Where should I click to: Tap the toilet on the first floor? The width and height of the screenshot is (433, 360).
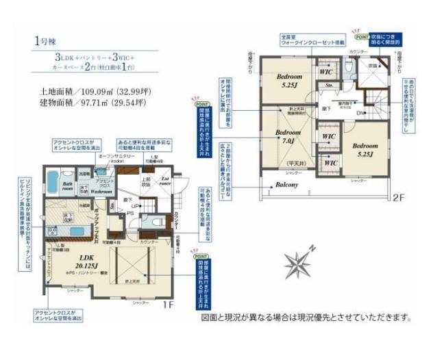[154, 222]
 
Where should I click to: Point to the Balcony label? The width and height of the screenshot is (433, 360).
[286, 185]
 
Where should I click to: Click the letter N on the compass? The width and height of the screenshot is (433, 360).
[312, 247]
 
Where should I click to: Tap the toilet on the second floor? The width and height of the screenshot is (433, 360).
[349, 67]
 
